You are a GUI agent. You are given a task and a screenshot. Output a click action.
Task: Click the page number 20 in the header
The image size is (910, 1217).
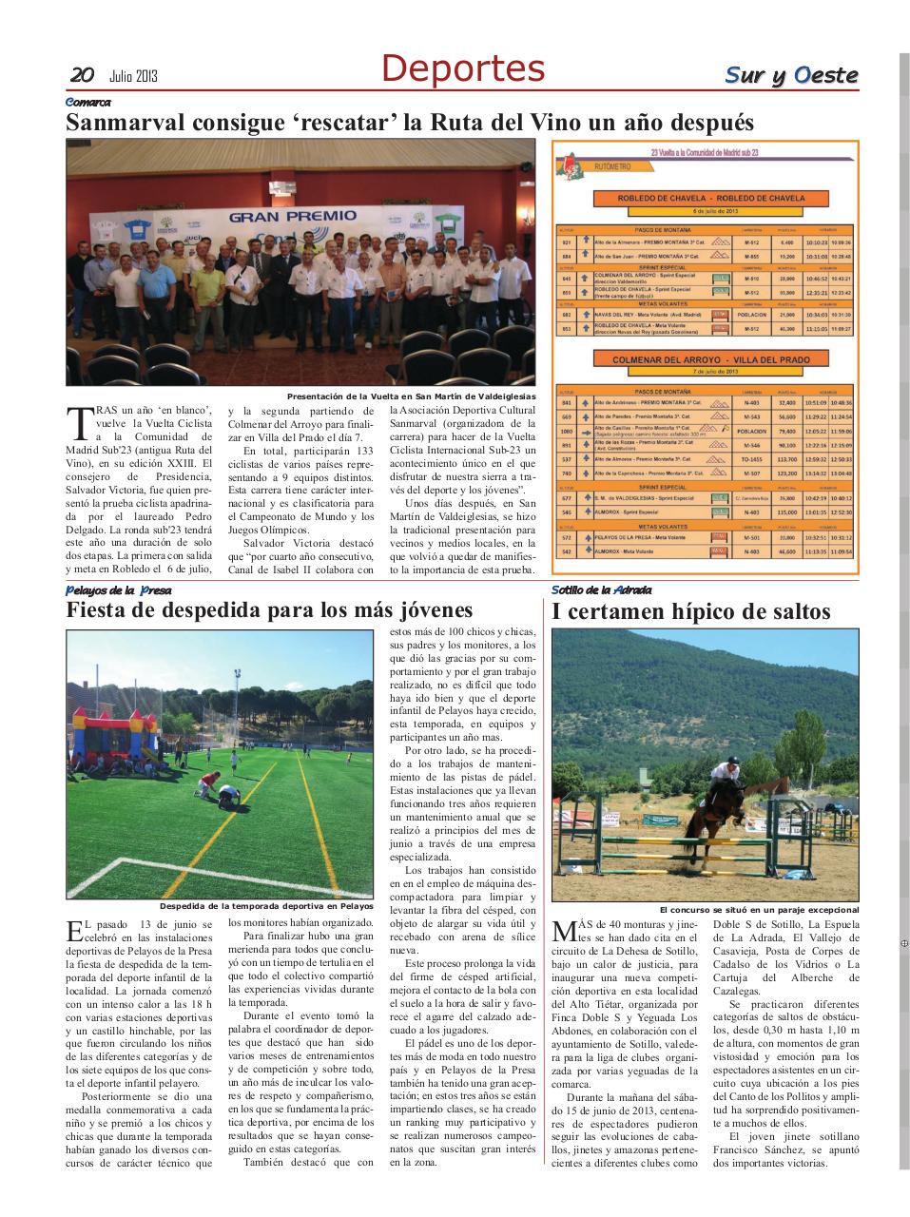(x=81, y=75)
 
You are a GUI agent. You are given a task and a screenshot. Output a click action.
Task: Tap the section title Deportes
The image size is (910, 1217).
(x=463, y=69)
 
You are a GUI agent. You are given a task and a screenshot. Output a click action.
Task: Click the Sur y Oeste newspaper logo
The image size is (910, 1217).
(x=791, y=75)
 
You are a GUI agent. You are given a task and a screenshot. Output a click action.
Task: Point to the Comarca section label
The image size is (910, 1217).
(x=87, y=102)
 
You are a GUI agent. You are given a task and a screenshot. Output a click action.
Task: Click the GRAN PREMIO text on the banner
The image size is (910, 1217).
(x=292, y=216)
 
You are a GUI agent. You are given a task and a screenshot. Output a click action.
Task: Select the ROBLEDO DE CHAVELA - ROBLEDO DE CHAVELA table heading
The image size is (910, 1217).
(x=710, y=199)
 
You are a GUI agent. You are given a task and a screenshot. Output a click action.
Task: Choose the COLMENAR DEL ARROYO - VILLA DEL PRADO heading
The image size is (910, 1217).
(x=710, y=359)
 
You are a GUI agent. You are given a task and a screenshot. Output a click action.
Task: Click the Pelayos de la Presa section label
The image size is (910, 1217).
(x=118, y=589)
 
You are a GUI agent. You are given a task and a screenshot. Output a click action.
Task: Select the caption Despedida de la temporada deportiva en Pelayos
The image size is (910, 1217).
(x=266, y=906)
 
